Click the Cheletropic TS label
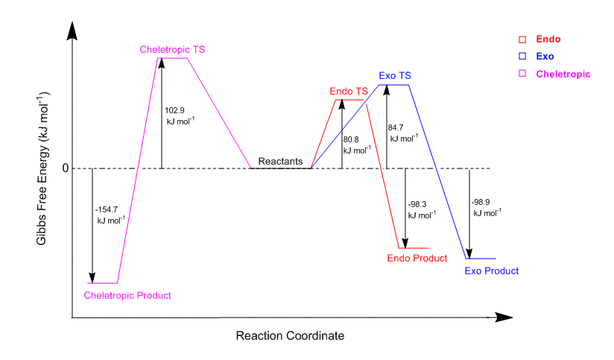[x=172, y=49]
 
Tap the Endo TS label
[x=349, y=92]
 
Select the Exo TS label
[x=395, y=75]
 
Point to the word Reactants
[x=280, y=161]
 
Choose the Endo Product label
[x=417, y=258]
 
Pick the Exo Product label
[x=491, y=271]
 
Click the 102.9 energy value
[x=174, y=110]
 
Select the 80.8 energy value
[x=351, y=139]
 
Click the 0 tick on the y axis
[x=65, y=168]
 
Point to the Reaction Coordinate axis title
[x=290, y=336]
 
